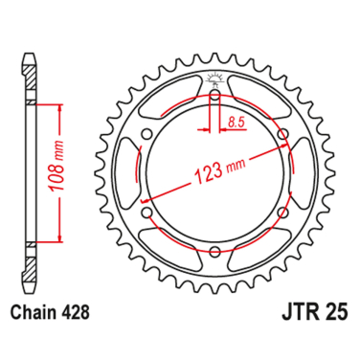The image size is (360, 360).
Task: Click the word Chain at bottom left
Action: [x=37, y=312]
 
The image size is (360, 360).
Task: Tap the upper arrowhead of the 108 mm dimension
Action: [x=60, y=107]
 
